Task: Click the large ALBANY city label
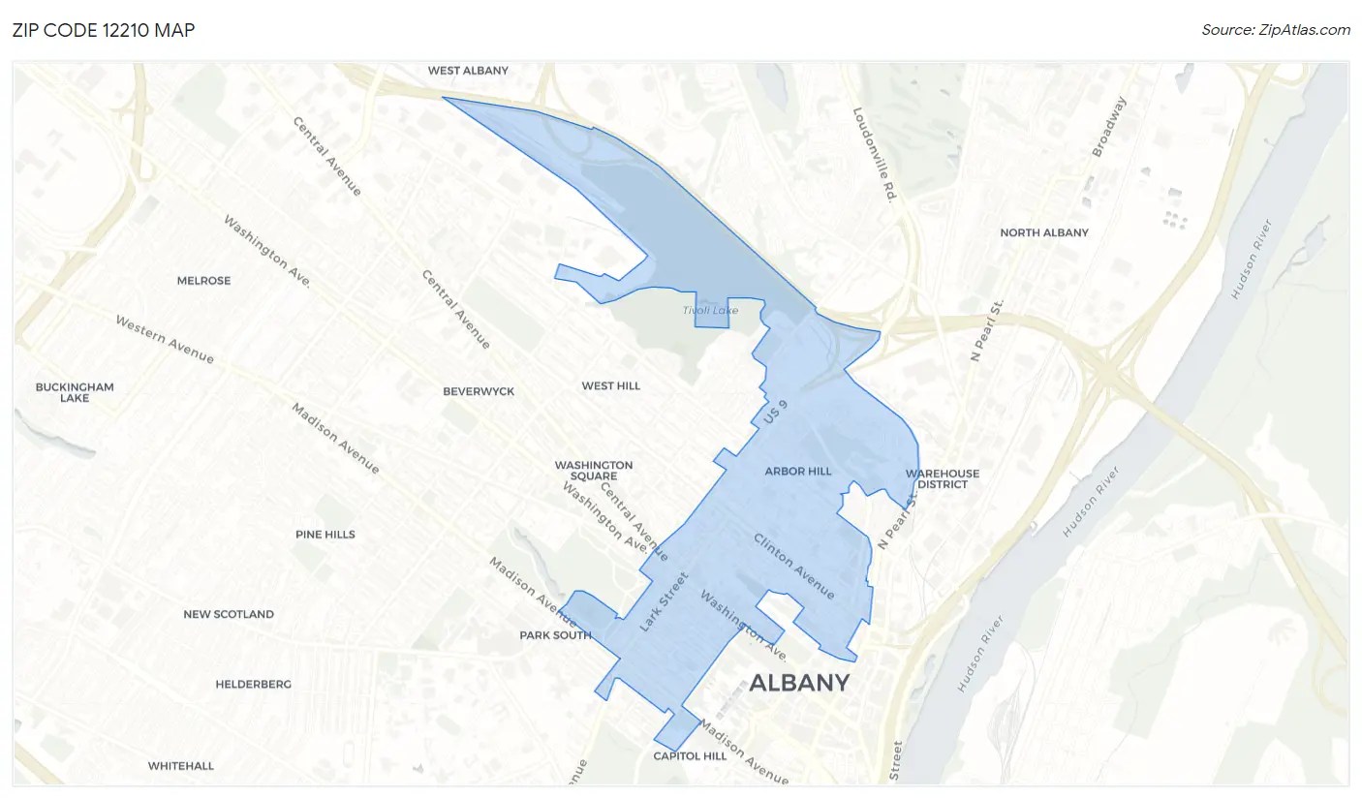[x=799, y=683]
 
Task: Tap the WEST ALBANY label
[x=468, y=71]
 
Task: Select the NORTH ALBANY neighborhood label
[x=1044, y=232]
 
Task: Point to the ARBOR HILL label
[x=798, y=472]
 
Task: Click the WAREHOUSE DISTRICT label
[x=943, y=478]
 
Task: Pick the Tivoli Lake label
[x=710, y=310]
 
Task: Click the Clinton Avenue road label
[x=794, y=565]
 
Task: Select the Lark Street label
[x=664, y=602]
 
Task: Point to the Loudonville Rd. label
[x=872, y=155]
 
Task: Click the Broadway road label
[x=1110, y=127]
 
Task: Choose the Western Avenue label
[x=165, y=340]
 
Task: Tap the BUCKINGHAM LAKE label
[x=75, y=392]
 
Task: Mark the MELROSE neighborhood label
[x=203, y=281]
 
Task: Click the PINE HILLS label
[x=325, y=535]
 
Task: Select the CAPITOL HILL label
[x=690, y=755]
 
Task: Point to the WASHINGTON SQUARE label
[x=594, y=471]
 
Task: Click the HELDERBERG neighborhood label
[x=253, y=684]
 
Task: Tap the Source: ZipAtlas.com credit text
[x=1276, y=30]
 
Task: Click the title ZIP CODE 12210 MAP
[x=104, y=30]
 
